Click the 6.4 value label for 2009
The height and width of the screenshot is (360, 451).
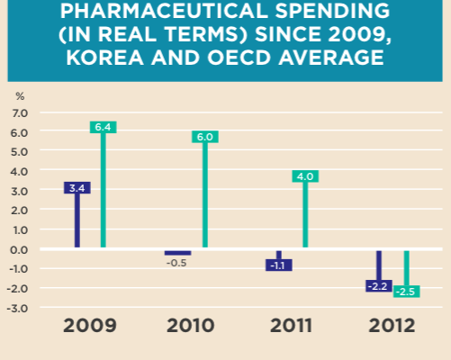point(103,127)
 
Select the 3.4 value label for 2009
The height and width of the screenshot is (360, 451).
point(77,187)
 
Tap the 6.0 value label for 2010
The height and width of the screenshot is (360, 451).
point(204,137)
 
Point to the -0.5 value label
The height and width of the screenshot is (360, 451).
point(178,263)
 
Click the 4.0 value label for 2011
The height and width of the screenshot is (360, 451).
point(304,176)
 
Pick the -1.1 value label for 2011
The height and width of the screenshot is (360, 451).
point(278,265)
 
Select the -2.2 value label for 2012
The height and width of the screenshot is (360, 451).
point(378,285)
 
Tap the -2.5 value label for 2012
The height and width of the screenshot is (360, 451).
point(406,292)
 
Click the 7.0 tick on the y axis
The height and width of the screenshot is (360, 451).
point(19,112)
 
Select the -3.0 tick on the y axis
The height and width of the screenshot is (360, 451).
point(18,308)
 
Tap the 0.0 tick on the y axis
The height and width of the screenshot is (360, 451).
point(19,249)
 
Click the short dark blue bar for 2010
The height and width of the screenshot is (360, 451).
point(177,252)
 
